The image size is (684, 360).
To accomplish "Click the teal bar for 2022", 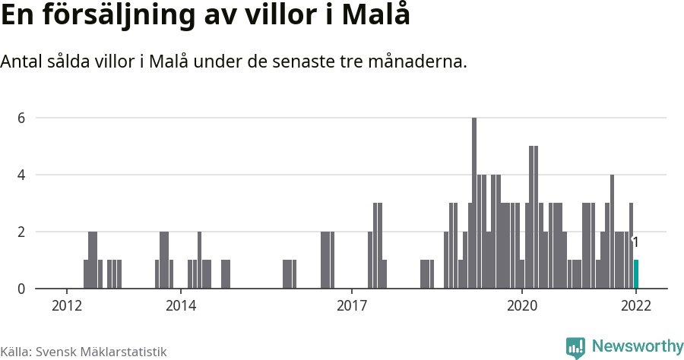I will point(636,274).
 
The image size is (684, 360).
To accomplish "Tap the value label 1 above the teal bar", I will point(635,243).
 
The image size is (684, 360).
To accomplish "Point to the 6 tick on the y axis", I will point(22,118).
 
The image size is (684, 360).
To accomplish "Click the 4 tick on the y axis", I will point(22,175).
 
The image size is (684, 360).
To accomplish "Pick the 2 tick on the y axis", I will point(22,232).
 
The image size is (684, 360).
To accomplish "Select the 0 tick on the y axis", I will point(22,289).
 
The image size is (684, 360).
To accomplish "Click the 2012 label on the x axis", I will point(67,306).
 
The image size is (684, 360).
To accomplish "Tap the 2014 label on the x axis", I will point(180,306).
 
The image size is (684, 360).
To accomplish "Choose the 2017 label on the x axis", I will point(351,306).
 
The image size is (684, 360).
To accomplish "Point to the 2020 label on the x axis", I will point(522,306).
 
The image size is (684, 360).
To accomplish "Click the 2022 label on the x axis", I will point(636,306).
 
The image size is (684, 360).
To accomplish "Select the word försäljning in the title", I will point(121,16).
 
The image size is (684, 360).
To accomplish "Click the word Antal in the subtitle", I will point(21,62).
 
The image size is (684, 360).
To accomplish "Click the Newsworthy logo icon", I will point(575,347).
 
